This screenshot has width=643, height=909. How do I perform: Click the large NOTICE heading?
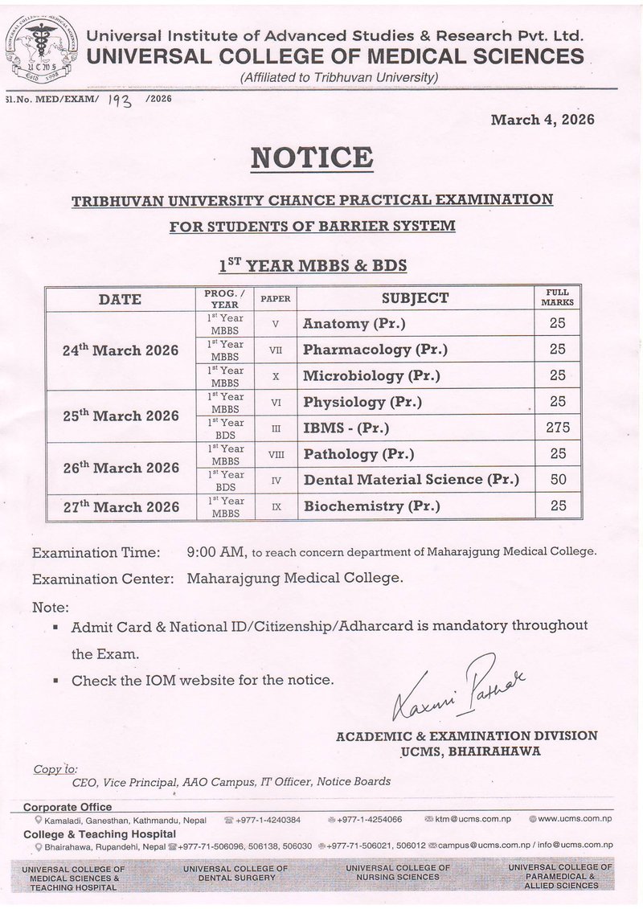311,158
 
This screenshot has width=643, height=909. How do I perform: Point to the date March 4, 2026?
543,121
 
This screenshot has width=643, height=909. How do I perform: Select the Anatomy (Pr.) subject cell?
354,324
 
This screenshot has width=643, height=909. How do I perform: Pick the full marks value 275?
558,428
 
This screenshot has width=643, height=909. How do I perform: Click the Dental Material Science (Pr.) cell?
411,480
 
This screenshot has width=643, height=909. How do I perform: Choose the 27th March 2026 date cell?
121,506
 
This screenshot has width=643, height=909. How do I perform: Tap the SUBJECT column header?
415,298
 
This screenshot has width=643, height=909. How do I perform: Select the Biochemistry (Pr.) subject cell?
371,506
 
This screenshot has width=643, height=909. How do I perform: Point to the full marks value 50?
558,480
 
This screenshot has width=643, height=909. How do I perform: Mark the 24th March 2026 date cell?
121,350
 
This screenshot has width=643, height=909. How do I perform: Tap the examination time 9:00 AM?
215,552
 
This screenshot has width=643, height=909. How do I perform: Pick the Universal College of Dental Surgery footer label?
235,874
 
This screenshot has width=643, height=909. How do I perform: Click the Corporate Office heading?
68,807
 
